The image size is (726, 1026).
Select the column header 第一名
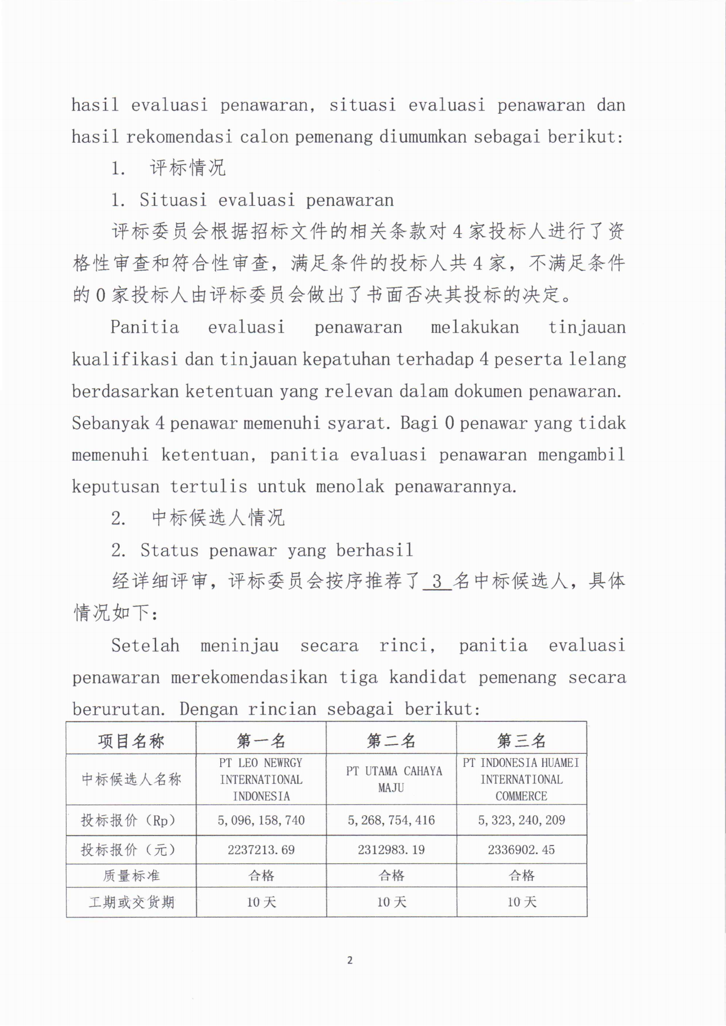coord(261,741)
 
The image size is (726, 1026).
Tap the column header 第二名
coord(391,741)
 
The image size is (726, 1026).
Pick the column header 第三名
coord(521,741)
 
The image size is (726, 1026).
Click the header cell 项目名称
coord(131,741)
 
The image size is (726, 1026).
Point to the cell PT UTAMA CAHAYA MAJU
coord(392,779)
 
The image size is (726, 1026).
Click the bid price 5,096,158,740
coord(261,820)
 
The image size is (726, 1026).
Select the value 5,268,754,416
coord(391,820)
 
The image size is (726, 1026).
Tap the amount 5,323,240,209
coord(521,820)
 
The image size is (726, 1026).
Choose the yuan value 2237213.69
coord(261,850)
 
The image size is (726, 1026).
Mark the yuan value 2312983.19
coord(391,850)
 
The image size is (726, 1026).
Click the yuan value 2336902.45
coord(521,850)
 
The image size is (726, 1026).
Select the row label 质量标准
coord(131,876)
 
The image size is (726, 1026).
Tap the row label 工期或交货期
coord(131,902)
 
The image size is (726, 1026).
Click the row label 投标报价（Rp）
coord(131,820)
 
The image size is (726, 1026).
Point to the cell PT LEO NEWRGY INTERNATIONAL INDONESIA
coord(261,779)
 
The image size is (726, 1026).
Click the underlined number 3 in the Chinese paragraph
coord(437,581)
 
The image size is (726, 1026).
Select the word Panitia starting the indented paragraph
coord(144,327)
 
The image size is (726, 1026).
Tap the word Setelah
coord(145,645)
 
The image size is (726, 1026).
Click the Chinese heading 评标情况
coord(187,168)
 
